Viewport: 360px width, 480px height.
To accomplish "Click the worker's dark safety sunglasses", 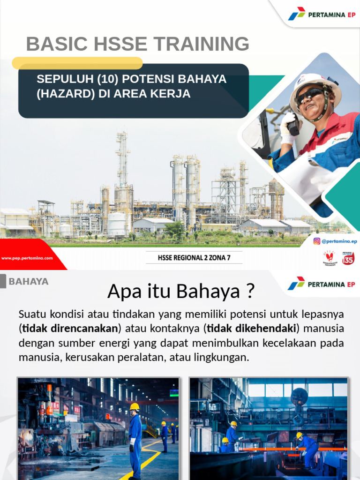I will (309, 96).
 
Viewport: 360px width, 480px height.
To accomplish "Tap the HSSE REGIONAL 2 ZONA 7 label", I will (194, 257).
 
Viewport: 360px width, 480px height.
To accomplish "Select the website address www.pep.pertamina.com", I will (27, 258).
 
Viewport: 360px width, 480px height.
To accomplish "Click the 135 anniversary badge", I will (348, 258).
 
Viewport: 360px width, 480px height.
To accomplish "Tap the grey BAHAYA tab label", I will (29, 282).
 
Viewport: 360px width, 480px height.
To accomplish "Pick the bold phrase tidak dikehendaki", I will (251, 328).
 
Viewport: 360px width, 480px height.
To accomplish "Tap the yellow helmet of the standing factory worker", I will (135, 406).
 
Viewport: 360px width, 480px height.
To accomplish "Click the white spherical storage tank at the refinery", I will (117, 224).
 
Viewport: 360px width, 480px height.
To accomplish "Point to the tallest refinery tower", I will (122, 159).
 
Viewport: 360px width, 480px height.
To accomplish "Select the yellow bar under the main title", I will (77, 63).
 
